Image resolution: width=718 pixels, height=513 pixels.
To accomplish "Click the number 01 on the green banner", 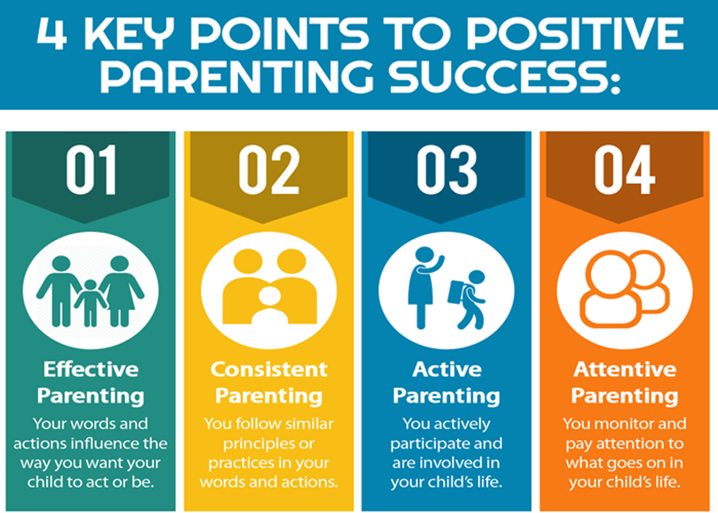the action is coord(91,170).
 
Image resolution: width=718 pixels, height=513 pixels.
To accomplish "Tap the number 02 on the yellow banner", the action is coord(269,170).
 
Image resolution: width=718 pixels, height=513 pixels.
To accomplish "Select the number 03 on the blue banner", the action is coord(447,170).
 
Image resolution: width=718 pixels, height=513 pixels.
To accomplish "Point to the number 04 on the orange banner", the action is coord(625,170).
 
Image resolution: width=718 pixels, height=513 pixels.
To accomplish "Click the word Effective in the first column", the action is coord(91,369).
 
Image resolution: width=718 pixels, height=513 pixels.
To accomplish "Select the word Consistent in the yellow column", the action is coord(269,369).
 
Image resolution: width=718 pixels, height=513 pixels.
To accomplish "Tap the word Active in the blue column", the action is coord(447,369).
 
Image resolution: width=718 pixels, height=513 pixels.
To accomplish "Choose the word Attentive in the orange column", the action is coord(625,369).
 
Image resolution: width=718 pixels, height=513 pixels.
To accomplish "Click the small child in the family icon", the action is coord(91,303).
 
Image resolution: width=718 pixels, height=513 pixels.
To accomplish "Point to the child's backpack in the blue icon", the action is coord(456,292).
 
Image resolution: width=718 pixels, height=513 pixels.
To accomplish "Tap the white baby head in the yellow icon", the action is coord(270,295).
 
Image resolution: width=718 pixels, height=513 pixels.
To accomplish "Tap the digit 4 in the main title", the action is coord(52,33).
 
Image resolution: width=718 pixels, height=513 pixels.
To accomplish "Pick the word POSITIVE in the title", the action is coord(575,33).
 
